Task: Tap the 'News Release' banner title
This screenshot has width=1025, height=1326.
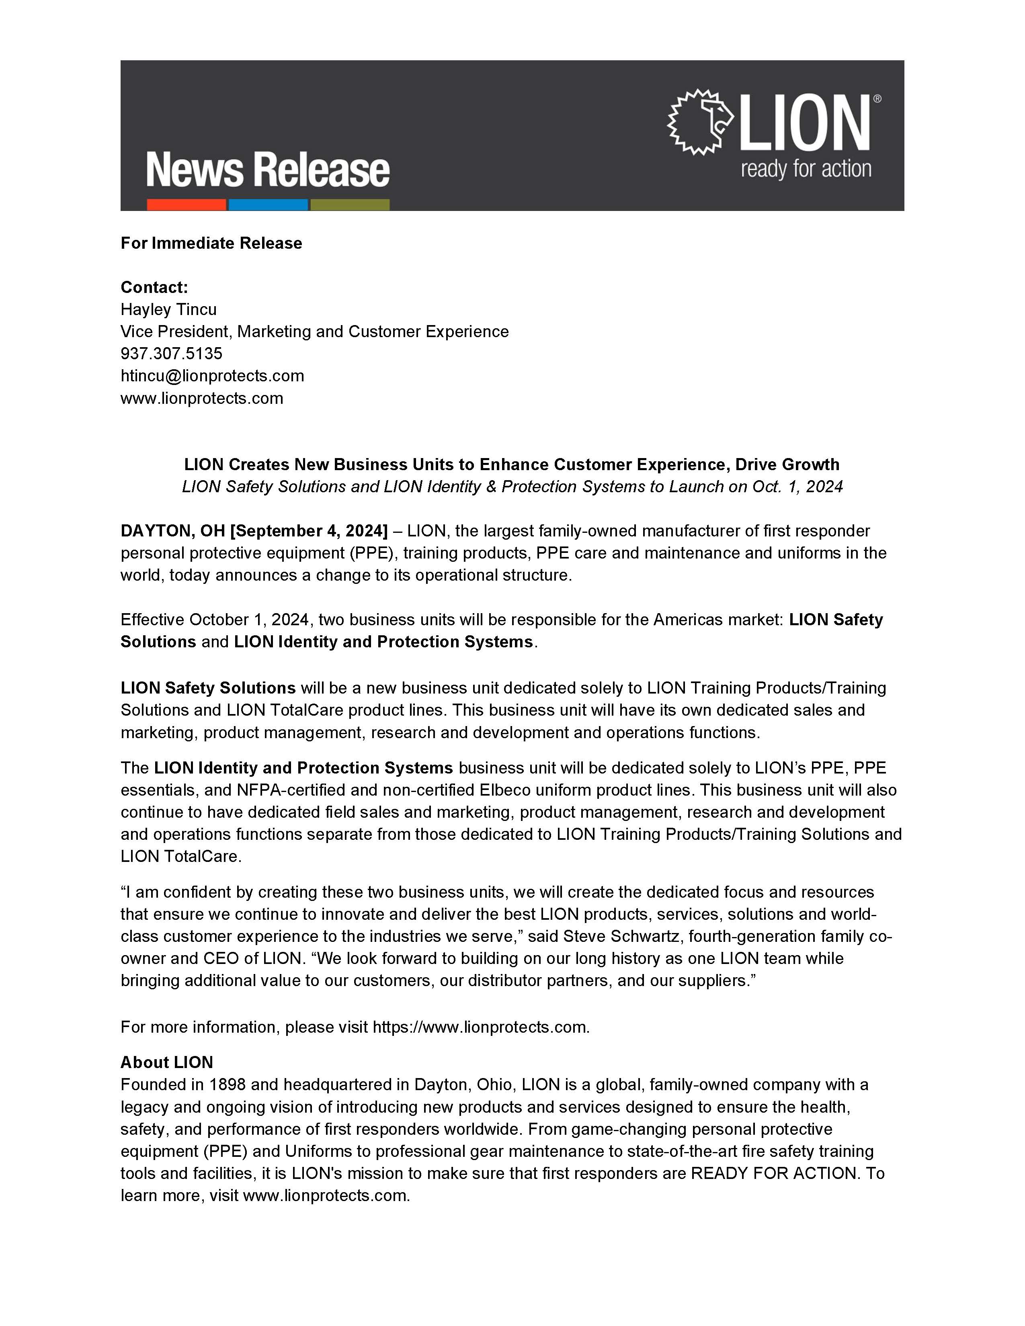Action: (268, 170)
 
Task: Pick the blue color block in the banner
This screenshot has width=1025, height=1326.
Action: (268, 205)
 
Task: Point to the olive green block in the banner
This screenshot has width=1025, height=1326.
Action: (350, 205)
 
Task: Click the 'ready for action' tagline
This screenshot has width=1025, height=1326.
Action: (806, 169)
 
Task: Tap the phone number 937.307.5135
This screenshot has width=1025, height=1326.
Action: (171, 353)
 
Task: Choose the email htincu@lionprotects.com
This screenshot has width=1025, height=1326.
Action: (212, 376)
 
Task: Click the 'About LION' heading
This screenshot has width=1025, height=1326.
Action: (167, 1062)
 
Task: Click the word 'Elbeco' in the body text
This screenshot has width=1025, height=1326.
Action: (615, 790)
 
